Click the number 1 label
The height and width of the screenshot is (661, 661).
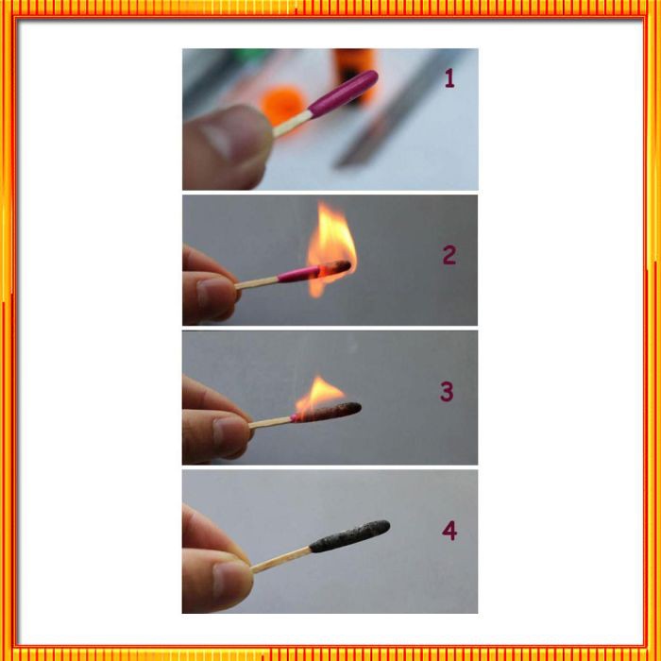point(449,78)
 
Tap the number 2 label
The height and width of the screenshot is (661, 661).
point(449,255)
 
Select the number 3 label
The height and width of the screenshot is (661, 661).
point(447,392)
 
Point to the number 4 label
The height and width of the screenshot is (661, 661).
point(449,531)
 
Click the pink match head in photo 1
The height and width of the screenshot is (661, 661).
point(344,93)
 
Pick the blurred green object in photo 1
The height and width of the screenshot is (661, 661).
point(252,54)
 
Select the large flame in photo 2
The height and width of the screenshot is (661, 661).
point(331,249)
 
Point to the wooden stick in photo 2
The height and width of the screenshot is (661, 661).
point(256,283)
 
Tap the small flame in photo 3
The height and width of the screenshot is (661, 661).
point(319,395)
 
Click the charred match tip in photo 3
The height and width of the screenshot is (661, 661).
point(327,412)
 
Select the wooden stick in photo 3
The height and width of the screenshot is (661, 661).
point(270,423)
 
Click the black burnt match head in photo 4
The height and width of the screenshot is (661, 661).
point(350,536)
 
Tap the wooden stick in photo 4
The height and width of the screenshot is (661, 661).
point(281,560)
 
